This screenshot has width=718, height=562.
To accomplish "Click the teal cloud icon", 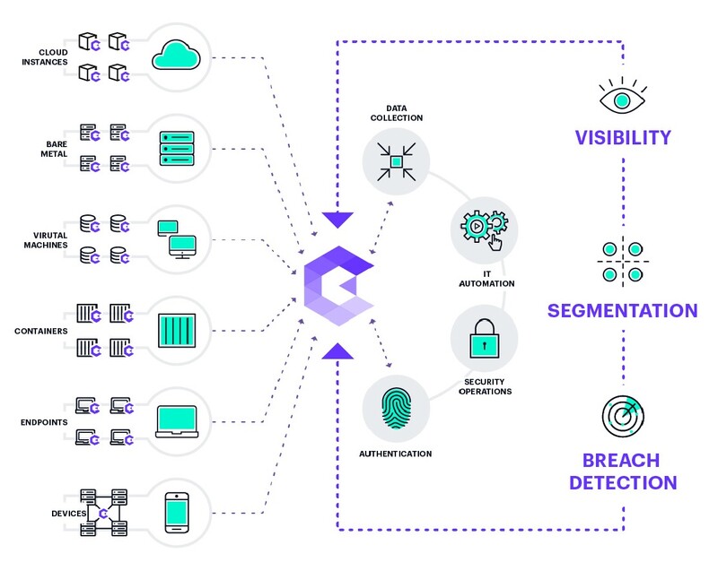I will (177, 56).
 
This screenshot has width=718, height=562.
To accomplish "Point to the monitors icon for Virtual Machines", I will (176, 238).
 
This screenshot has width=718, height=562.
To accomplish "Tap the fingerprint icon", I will (396, 408).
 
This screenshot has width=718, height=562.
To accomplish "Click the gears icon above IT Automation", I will (484, 226).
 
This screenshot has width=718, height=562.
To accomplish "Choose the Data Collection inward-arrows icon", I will (396, 162).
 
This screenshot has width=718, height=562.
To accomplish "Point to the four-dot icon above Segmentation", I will (623, 260).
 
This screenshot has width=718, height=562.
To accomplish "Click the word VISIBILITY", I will (623, 138).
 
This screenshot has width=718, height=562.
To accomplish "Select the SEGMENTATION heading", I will (623, 311).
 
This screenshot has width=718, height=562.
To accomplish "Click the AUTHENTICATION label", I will (395, 454).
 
